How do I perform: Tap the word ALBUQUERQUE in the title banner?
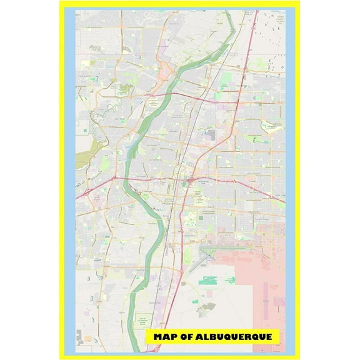[232, 337]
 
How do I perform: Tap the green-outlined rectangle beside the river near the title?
[144, 319]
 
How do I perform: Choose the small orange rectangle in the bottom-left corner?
[87, 338]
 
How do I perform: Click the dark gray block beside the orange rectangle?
[79, 336]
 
